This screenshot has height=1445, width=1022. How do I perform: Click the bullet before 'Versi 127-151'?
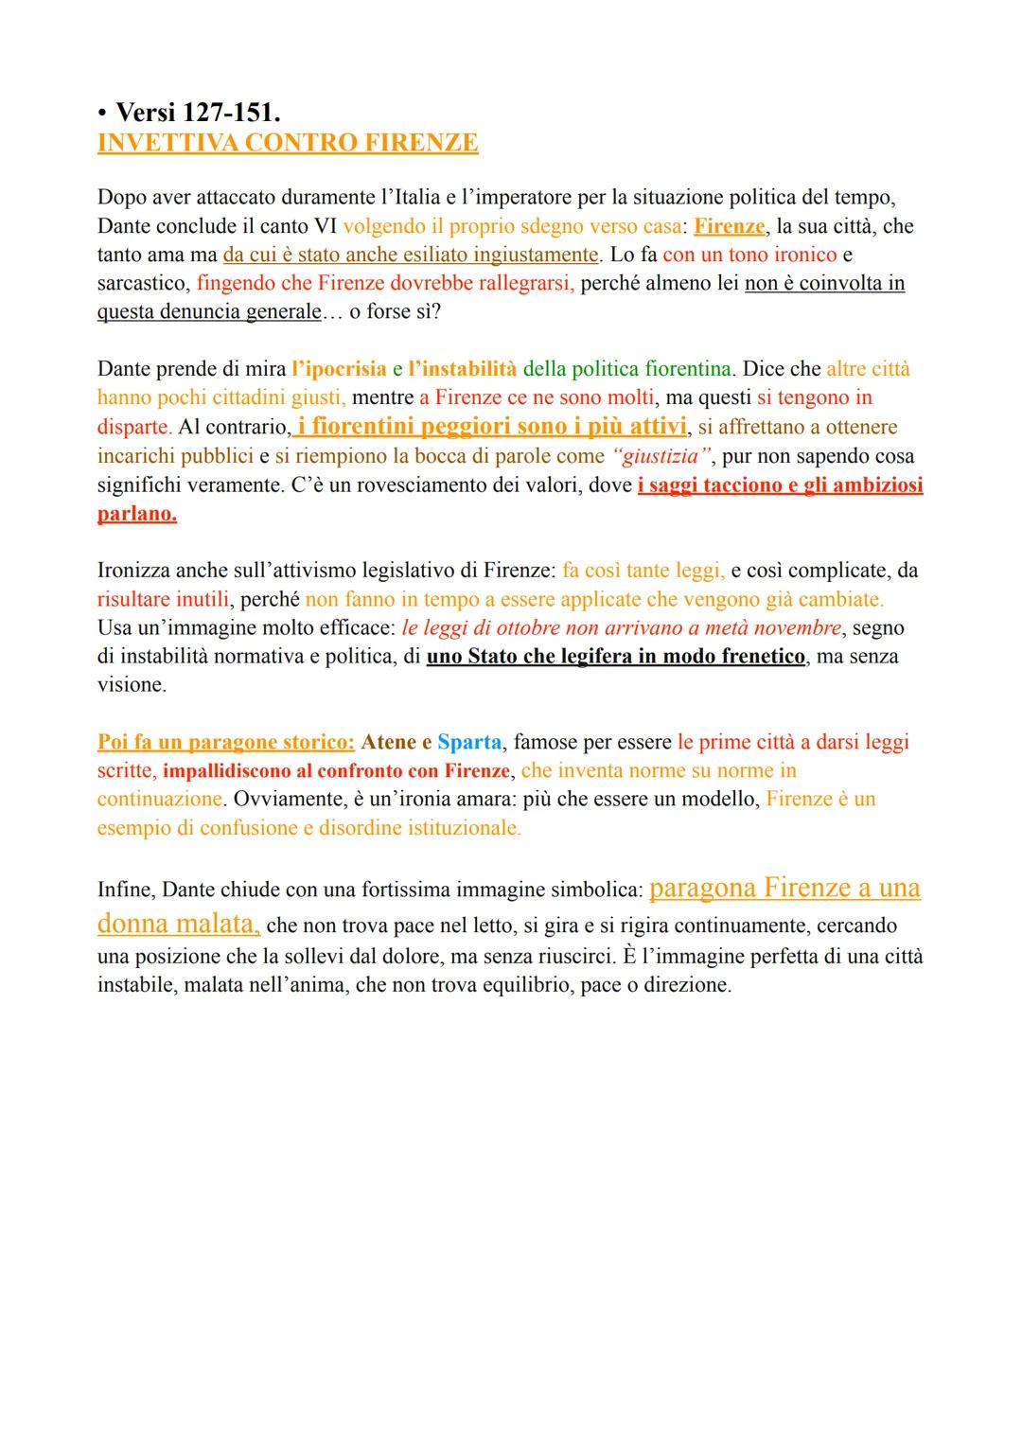102,114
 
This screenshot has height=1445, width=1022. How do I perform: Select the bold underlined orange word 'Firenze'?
729,226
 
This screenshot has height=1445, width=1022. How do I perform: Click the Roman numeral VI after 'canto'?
325,226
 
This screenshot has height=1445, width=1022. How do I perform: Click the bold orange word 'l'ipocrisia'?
339,368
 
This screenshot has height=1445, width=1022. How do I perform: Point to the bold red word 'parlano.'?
136,515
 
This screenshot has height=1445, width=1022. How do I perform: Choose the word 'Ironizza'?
135,571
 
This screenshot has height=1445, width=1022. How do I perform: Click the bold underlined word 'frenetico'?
757,656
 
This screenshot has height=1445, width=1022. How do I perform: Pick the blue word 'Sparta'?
469,742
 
